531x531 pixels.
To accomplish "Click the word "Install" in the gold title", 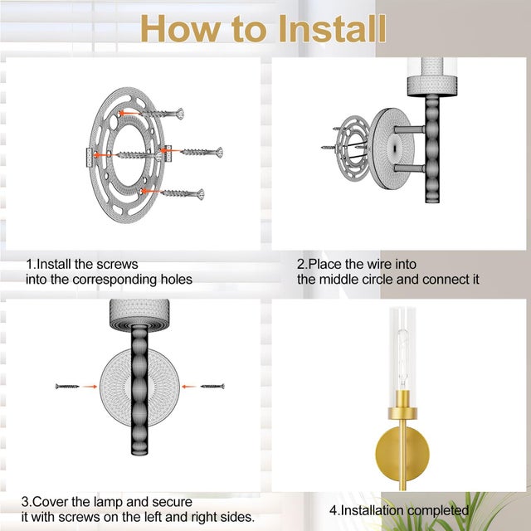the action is tap(332, 29).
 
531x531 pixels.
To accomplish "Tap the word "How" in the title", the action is tap(181, 29).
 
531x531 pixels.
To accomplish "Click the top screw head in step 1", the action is tap(180, 114).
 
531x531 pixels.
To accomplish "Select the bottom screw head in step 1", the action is tap(201, 194).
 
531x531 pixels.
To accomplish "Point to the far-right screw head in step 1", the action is tap(219, 153).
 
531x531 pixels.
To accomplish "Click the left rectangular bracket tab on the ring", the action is tap(90, 158).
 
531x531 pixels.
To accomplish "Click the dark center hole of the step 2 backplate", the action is tap(395, 148).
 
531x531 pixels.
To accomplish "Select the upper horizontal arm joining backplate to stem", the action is tap(409, 129).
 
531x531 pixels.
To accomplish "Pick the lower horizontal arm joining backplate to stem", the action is tap(409, 168).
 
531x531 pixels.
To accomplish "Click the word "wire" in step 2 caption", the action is tap(379, 264).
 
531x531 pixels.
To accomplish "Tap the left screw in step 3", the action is tap(67, 387).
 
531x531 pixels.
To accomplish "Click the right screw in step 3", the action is tap(212, 387).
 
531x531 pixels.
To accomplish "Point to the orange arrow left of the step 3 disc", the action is tap(90, 387).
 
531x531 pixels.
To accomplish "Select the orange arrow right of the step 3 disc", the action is tap(189, 387).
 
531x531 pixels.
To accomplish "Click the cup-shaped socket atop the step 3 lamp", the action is tap(139, 314).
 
